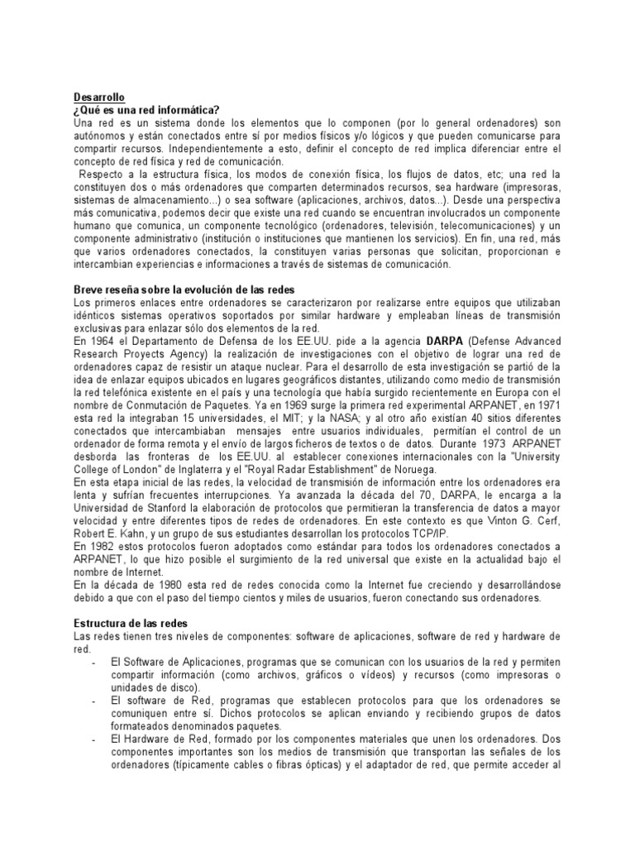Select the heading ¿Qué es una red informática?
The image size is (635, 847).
click(x=146, y=110)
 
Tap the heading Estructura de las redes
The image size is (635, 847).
click(x=131, y=622)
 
